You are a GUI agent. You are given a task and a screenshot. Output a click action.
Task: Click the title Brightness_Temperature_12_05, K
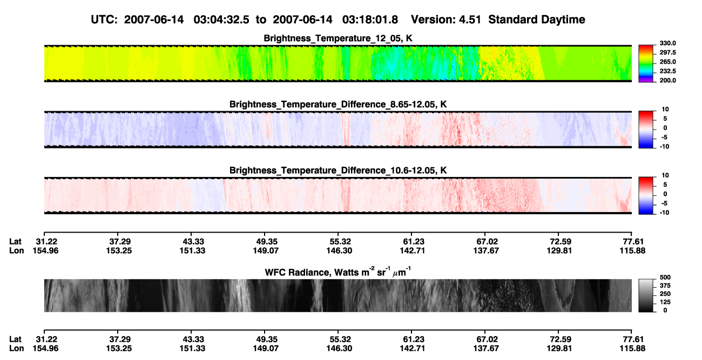coord(338,38)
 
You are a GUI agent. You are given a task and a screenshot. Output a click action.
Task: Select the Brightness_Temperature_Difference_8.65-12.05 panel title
coord(338,104)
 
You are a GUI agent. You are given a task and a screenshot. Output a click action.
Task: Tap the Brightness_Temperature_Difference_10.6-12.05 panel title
coord(338,171)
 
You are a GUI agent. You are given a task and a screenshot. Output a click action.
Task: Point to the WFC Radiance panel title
coord(338,272)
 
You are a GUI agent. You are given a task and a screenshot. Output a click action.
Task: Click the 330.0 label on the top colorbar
coord(667,43)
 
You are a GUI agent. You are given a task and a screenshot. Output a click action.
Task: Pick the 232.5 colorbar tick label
coord(667,71)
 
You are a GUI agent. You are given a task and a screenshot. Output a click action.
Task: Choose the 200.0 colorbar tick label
coord(667,80)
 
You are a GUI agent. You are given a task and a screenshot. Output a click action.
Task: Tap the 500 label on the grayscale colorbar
coord(665,277)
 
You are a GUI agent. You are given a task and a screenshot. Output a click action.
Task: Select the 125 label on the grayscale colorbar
coord(665,302)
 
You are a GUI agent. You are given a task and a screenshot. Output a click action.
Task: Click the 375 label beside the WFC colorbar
coord(665,286)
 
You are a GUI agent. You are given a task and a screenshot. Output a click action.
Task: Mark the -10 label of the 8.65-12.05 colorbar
coord(664,147)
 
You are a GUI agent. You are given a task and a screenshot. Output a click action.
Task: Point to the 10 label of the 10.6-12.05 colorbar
coord(665,175)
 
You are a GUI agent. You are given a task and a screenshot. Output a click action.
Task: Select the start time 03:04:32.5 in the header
coord(221,19)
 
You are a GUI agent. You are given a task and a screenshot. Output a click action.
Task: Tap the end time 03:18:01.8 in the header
coord(370,19)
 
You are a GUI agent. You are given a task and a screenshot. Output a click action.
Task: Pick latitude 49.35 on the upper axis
coord(266,242)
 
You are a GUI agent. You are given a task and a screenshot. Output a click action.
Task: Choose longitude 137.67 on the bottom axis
coord(486,349)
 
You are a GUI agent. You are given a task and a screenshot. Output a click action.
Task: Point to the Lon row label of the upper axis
coord(16,250)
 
